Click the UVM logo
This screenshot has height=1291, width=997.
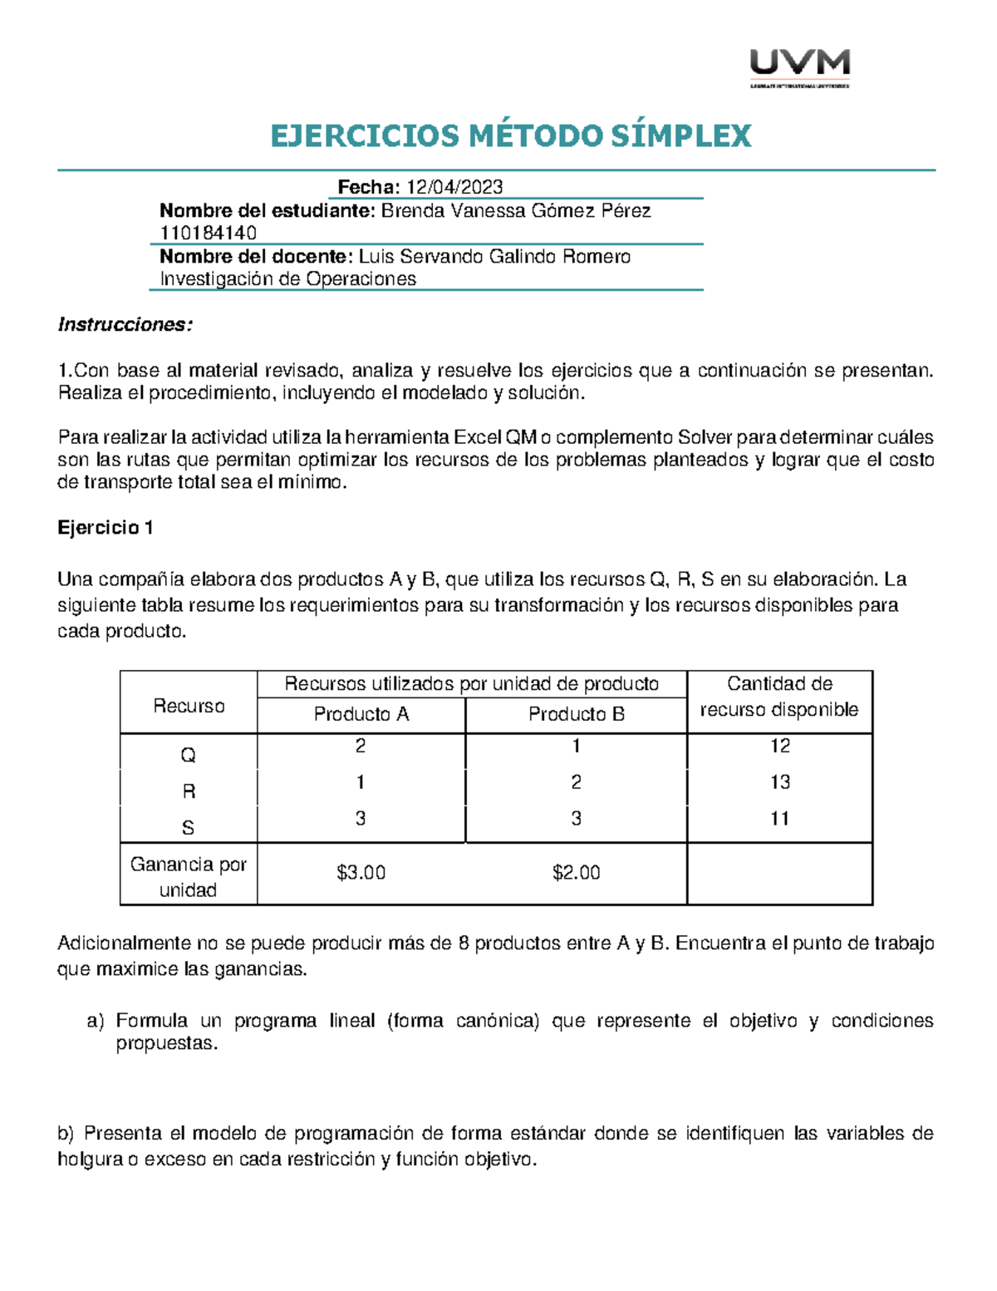(x=799, y=67)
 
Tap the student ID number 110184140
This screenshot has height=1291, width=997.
(x=208, y=233)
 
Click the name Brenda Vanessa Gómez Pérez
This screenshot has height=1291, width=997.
(x=515, y=211)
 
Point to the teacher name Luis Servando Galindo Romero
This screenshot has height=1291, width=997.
(x=494, y=257)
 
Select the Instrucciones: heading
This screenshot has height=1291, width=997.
(x=125, y=325)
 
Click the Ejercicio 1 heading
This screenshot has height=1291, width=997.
(x=105, y=528)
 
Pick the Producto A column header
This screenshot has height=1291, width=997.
(x=361, y=714)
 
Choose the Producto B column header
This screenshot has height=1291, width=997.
(x=576, y=714)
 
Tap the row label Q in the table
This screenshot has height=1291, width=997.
(x=188, y=755)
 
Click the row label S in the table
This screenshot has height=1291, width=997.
(x=188, y=828)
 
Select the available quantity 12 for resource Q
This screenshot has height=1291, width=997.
(x=779, y=746)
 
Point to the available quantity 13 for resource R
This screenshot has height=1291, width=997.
(x=779, y=782)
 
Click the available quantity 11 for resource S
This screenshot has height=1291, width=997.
(x=779, y=819)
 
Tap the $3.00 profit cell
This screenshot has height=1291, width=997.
(x=361, y=873)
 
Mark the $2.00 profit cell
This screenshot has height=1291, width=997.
(x=576, y=873)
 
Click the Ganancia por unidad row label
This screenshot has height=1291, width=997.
(x=188, y=877)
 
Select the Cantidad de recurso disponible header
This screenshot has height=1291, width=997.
(x=779, y=697)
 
